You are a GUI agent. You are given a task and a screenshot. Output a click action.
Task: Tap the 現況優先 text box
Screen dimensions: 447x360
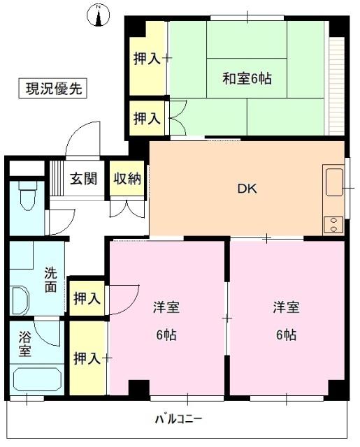point(52,89)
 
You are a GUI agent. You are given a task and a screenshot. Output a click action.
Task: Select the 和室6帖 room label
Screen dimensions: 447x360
point(247,78)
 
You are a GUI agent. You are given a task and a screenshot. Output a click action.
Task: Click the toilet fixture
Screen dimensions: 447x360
point(26,196)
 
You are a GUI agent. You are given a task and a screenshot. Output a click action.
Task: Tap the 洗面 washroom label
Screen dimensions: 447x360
point(51,280)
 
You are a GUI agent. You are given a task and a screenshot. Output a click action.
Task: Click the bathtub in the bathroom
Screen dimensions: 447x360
point(37,381)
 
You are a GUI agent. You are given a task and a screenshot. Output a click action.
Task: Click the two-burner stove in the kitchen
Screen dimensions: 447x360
point(333,225)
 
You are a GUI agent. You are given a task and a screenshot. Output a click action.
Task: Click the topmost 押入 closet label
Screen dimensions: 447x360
point(147,59)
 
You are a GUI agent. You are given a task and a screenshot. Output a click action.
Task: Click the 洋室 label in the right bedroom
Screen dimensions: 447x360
point(286,307)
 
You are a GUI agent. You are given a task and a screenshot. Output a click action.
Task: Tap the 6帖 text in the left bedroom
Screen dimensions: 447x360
point(166,335)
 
